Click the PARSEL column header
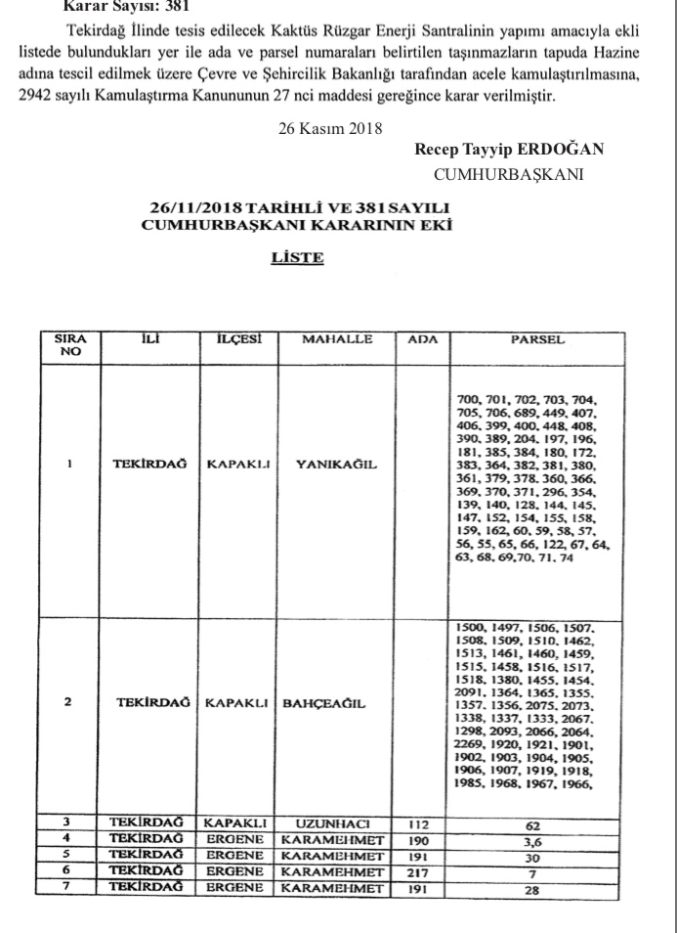(x=534, y=339)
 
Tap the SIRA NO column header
(x=70, y=345)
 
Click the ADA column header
(x=421, y=339)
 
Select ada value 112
(x=421, y=823)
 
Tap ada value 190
(x=421, y=839)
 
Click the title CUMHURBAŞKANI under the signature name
(x=508, y=173)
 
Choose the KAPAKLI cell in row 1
(x=238, y=465)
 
